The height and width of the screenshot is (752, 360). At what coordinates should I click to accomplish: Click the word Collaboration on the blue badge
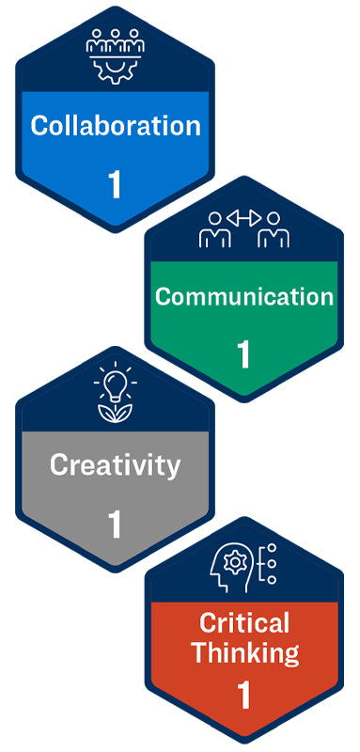pos(116,126)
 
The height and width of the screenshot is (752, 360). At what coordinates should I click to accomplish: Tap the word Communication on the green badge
pos(244,297)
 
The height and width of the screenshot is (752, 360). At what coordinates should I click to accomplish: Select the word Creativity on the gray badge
pos(115,463)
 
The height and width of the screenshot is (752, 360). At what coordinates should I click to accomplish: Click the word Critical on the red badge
pos(244,622)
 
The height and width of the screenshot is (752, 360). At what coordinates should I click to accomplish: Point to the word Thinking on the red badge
pos(244,652)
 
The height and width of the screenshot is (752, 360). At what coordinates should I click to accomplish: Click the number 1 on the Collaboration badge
pos(115,184)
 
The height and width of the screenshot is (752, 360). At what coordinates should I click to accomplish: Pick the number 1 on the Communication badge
pos(244,354)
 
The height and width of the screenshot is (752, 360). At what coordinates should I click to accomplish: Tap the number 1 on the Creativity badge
pos(115,524)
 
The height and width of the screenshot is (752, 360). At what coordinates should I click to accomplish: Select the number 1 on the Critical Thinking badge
pos(244,696)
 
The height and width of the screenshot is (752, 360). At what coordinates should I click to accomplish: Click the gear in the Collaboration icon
pos(115,69)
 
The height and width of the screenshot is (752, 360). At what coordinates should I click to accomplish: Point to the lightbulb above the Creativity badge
pos(115,384)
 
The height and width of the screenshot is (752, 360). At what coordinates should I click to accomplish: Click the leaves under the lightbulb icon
pos(115,410)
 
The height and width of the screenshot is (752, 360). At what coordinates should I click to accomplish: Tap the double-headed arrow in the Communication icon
pos(244,218)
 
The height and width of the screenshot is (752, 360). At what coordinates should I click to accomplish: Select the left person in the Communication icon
pos(215,230)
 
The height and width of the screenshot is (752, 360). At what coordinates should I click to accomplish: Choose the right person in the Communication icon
pos(274,230)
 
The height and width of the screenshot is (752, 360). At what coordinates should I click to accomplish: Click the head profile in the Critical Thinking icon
pos(233,569)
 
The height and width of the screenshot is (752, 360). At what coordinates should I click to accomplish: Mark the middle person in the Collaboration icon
pos(115,41)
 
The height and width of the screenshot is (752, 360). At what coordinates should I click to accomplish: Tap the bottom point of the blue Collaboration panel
pos(115,225)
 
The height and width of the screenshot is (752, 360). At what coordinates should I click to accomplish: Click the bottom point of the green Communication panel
pos(244,395)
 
